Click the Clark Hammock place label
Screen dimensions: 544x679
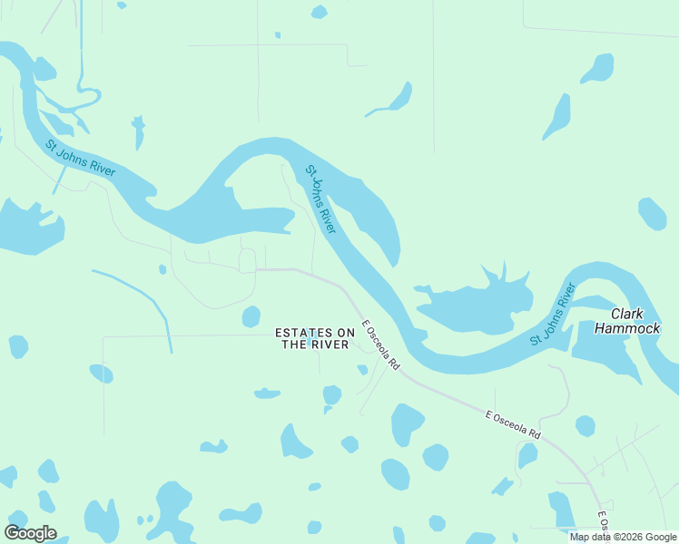pos(627,321)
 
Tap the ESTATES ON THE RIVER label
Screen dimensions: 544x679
pos(314,338)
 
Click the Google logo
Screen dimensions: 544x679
pos(30,533)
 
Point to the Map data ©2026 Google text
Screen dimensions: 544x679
pos(624,537)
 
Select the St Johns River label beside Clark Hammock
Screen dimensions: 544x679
pos(553,314)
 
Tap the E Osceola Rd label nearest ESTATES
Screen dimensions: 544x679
pos(380,344)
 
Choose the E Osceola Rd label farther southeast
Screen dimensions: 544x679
pos(513,425)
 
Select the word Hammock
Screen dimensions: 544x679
pos(627,328)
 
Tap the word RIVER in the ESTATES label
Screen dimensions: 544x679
pos(332,345)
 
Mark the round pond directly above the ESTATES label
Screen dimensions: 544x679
pos(251,316)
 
